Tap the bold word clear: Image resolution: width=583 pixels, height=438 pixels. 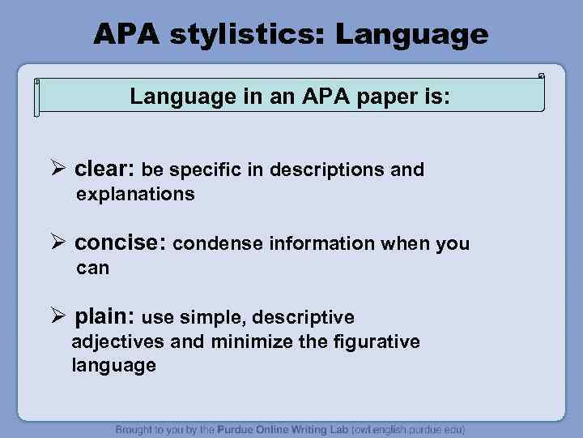coord(104,170)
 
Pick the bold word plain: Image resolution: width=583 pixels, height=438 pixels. coord(104,316)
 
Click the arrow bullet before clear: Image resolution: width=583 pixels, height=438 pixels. coord(57,170)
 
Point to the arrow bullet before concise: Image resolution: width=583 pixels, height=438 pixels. coord(57,243)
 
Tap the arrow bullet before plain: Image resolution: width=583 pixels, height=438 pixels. coord(57,316)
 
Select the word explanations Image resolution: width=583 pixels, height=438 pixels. coord(135,195)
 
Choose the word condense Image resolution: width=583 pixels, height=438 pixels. coord(210,243)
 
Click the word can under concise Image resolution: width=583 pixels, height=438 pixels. coord(92,268)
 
